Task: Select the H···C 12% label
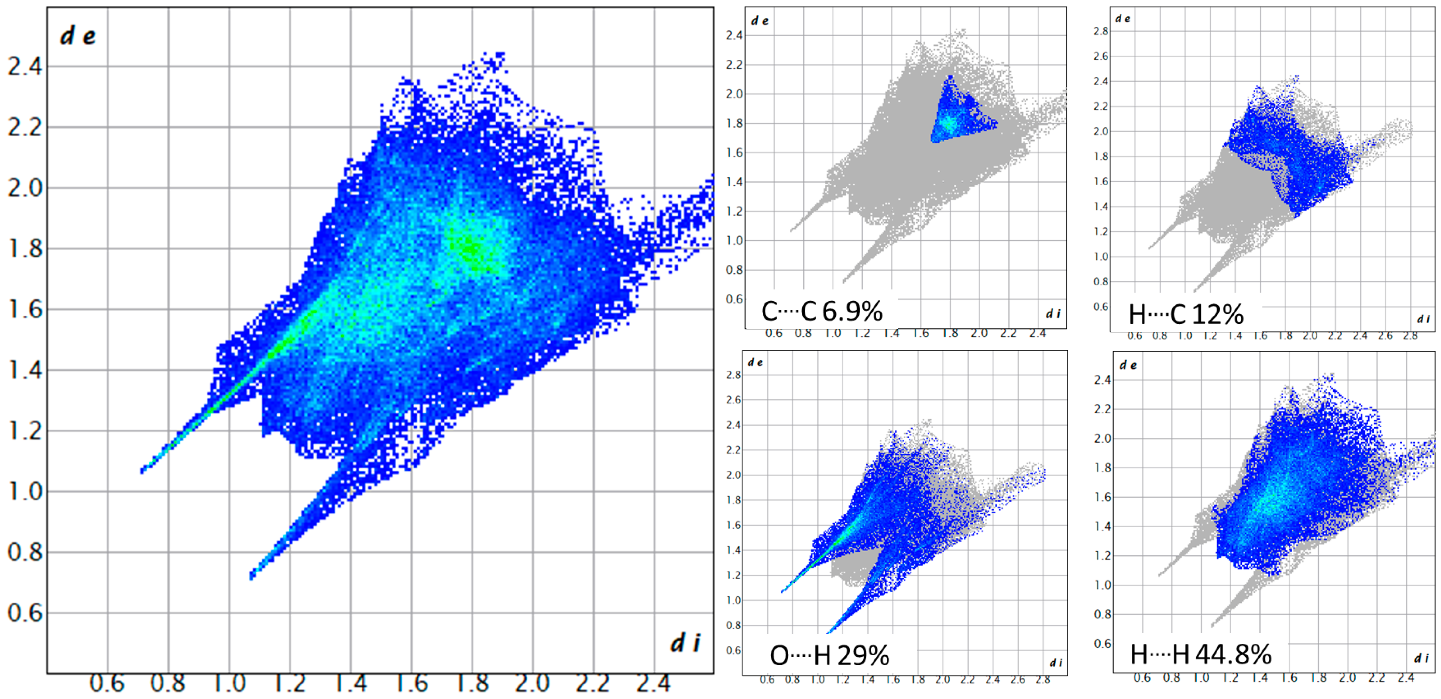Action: [1186, 314]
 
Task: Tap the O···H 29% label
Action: [829, 655]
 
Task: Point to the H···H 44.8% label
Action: [1201, 654]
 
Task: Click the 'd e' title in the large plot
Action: [78, 36]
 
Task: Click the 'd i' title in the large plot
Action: [685, 643]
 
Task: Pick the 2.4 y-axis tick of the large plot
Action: [25, 67]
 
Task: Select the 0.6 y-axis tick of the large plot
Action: [25, 613]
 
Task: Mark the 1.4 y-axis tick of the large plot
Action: [25, 370]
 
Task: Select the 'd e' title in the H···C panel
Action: [1122, 19]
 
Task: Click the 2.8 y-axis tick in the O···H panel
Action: [733, 375]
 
